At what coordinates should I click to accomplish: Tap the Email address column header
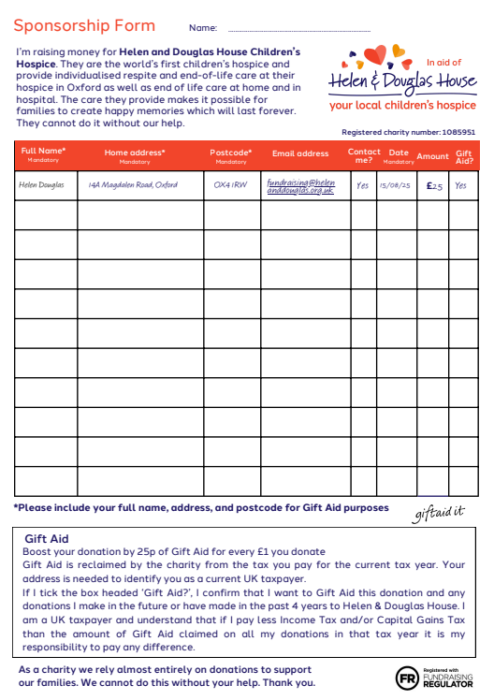(300, 153)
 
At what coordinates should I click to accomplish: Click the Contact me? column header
(364, 155)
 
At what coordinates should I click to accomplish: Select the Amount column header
(432, 156)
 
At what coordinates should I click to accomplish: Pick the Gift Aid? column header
(463, 155)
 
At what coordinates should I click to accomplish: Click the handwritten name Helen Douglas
(42, 185)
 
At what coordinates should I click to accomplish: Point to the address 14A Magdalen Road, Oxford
(133, 185)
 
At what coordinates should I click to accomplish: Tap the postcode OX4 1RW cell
(230, 185)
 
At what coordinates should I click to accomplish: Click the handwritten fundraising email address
(300, 185)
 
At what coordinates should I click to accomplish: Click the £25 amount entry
(434, 185)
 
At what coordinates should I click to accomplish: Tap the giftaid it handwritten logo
(438, 512)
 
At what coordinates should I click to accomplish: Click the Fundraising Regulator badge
(436, 677)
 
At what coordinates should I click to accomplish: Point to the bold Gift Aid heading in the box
(47, 539)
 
